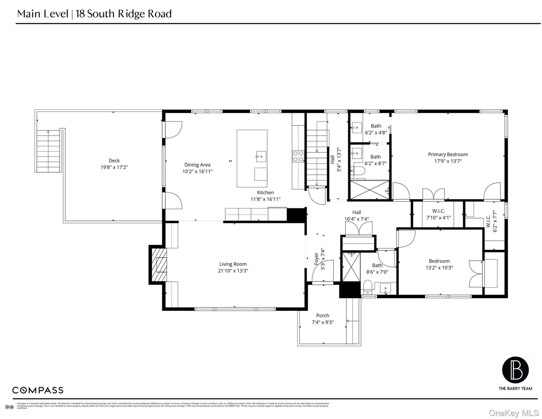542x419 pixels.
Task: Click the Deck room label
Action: (114, 161)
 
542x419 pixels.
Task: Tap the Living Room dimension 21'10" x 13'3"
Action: (233, 271)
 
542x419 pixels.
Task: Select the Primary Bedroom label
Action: (448, 154)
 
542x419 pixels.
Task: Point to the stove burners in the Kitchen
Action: (298, 156)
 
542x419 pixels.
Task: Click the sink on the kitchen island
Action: (261, 157)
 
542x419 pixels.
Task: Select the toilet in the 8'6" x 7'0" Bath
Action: (368, 287)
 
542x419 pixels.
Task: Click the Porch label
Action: (323, 316)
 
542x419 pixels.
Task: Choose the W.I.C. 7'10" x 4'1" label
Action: (438, 211)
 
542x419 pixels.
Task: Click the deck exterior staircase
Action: (49, 151)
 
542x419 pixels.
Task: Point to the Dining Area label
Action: (197, 165)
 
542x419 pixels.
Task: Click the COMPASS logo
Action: (38, 390)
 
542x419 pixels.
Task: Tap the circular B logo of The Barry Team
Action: (515, 370)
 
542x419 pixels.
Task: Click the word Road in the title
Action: (160, 14)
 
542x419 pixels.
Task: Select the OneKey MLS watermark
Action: (514, 413)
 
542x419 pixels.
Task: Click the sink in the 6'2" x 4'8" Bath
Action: (357, 128)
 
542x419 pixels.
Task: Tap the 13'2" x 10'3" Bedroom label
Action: (439, 261)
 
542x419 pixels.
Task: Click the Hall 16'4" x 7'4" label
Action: (357, 213)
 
